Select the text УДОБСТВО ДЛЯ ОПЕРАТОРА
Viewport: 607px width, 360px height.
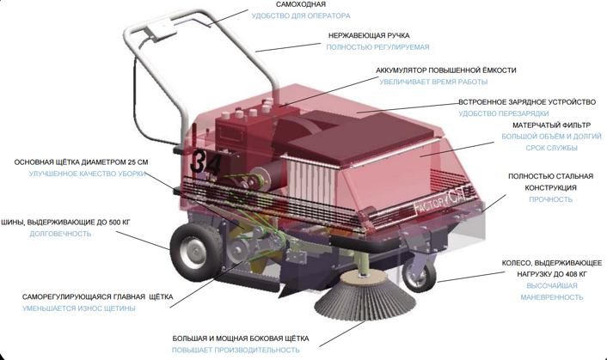300,16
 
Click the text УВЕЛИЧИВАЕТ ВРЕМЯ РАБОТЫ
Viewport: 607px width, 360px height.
433,82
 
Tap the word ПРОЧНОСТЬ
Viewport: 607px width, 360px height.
550,199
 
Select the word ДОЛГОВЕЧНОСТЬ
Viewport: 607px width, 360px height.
60,234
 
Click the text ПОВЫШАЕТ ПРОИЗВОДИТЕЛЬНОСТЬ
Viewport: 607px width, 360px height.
236,351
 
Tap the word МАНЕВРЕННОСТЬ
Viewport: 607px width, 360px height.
551,297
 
